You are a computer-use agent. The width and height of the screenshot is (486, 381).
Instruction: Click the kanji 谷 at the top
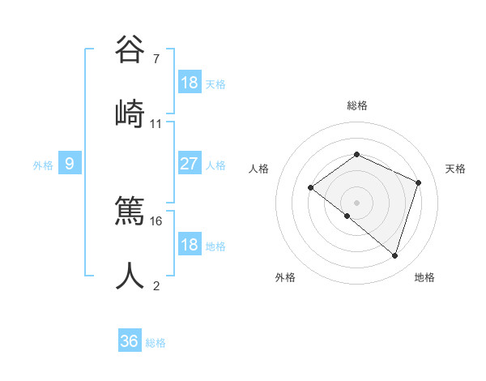[130, 50]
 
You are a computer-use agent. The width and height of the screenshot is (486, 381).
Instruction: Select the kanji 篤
[130, 210]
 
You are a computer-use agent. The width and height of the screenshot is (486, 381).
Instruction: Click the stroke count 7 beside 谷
[156, 59]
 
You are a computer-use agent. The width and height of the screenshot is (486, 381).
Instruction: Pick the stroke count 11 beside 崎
[156, 124]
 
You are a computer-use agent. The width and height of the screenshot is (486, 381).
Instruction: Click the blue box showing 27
[190, 164]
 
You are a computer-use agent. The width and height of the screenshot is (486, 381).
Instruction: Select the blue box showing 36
[129, 341]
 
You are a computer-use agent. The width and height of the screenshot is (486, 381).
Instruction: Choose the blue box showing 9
[70, 164]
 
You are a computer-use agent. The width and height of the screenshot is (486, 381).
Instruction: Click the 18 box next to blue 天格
[190, 83]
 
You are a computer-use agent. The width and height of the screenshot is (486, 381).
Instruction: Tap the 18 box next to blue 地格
[190, 245]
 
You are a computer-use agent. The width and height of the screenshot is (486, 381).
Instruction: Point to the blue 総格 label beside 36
[156, 343]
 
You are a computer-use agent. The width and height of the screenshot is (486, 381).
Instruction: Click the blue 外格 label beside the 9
[43, 165]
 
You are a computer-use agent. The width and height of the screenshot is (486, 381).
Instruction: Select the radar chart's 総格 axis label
[357, 105]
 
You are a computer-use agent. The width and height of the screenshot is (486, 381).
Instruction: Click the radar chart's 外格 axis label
[285, 277]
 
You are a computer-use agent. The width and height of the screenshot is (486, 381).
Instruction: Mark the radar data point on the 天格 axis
[419, 182]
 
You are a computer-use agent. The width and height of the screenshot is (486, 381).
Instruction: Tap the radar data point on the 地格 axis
[394, 255]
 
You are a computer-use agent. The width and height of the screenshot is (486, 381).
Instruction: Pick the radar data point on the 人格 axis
[310, 188]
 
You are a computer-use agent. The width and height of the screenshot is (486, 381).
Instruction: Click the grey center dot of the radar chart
[356, 202]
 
